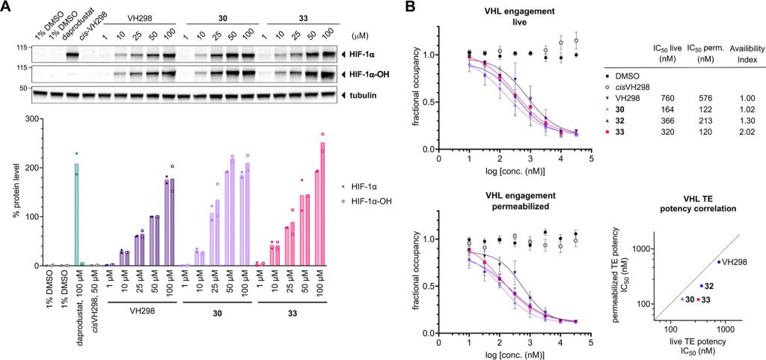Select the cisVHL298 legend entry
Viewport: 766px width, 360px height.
tap(631, 88)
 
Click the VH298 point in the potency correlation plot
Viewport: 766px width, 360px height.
tap(720, 262)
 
